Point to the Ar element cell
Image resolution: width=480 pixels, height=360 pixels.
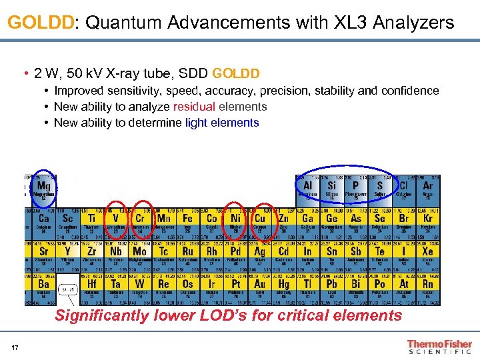click(427, 189)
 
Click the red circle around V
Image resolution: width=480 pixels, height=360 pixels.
click(116, 219)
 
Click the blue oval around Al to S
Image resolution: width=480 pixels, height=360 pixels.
click(346, 188)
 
